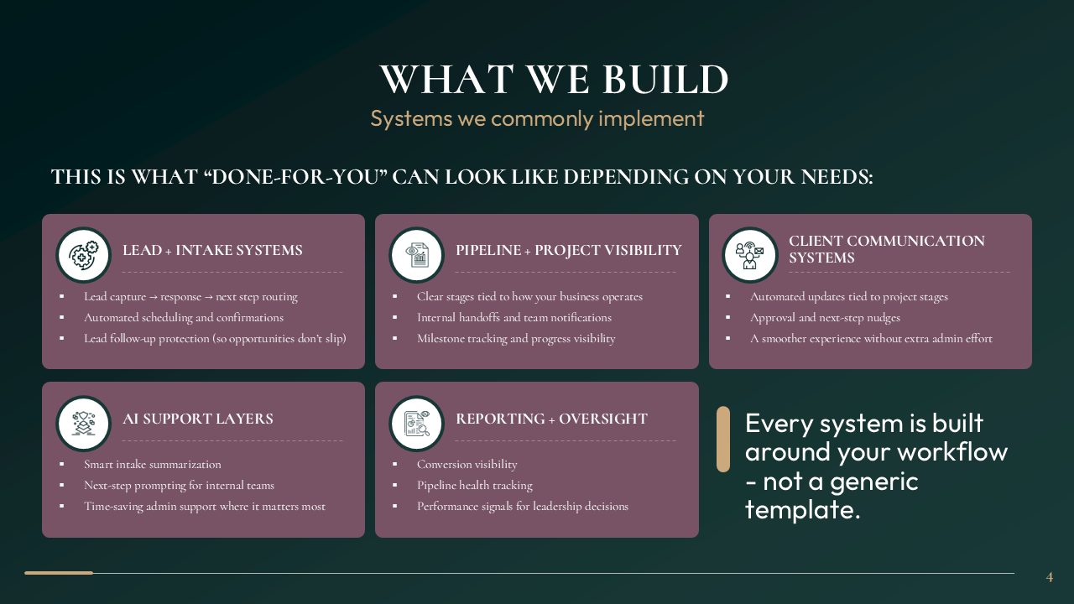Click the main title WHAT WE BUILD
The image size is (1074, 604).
[x=554, y=80]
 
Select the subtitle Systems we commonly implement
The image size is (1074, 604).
[x=537, y=118]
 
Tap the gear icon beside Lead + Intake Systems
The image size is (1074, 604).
[x=84, y=254]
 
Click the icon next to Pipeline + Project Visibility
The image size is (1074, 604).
[x=417, y=254]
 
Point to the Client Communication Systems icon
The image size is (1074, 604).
[x=750, y=254]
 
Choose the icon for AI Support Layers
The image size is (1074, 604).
[x=84, y=423]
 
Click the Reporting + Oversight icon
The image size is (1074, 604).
[x=417, y=423]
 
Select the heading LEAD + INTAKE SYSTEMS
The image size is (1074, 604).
[x=212, y=251]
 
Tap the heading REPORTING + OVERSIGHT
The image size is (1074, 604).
[x=551, y=419]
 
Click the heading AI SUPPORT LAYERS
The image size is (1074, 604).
[x=198, y=419]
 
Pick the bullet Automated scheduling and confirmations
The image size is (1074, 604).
[x=184, y=318]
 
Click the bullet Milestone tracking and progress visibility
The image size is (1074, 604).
[x=516, y=339]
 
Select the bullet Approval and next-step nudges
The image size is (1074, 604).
[x=825, y=318]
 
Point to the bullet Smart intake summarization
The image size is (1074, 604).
[x=153, y=465]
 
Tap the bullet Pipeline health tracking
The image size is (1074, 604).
[x=474, y=486]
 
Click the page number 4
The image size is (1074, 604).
[x=1049, y=577]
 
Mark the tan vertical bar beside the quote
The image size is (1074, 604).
[x=722, y=440]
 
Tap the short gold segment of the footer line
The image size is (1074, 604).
[x=59, y=573]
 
